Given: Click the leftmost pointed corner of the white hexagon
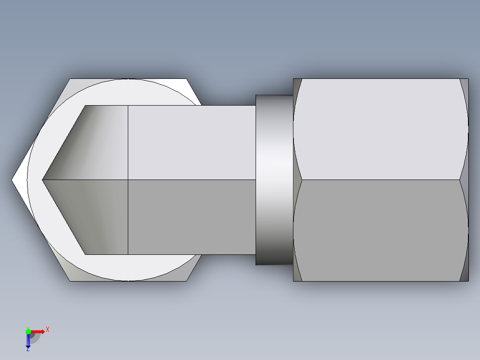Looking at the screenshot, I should [12, 180].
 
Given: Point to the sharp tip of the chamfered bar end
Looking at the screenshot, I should [43, 180].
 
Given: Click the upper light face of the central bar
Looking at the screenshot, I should [191, 143].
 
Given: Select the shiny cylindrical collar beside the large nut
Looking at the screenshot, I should [274, 180].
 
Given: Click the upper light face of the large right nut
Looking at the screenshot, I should [381, 129].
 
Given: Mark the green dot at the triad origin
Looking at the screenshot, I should [28, 331].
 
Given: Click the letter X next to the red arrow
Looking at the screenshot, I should [48, 330].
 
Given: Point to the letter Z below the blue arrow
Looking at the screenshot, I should [28, 349].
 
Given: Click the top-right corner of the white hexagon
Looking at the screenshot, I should [187, 79].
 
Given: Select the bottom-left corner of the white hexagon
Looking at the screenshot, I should [70, 281].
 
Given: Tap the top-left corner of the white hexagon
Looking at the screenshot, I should [70, 79].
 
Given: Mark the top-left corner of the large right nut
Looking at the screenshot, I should [294, 79].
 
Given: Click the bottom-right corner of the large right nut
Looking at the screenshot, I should [468, 281].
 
